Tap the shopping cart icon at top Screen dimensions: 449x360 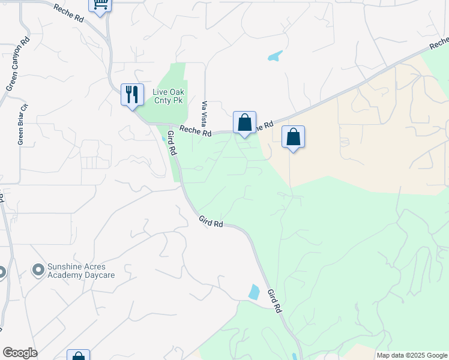click(x=101, y=4)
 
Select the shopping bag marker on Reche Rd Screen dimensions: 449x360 click(x=244, y=123)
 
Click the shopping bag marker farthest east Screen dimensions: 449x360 click(x=293, y=137)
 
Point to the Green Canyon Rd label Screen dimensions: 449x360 click(x=17, y=65)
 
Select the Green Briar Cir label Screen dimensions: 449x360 click(x=22, y=125)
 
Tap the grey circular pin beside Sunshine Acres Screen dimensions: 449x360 click(x=39, y=271)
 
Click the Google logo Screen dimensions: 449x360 click(x=20, y=353)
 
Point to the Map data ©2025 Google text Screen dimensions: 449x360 click(x=412, y=355)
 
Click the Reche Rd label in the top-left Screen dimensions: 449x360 click(x=68, y=14)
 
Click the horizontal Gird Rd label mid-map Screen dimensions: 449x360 click(x=211, y=222)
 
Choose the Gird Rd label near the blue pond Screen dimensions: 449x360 click(x=274, y=301)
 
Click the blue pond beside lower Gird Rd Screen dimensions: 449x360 click(x=254, y=292)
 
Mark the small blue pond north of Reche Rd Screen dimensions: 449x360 click(x=275, y=56)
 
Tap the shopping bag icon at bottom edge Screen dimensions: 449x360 click(x=78, y=356)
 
